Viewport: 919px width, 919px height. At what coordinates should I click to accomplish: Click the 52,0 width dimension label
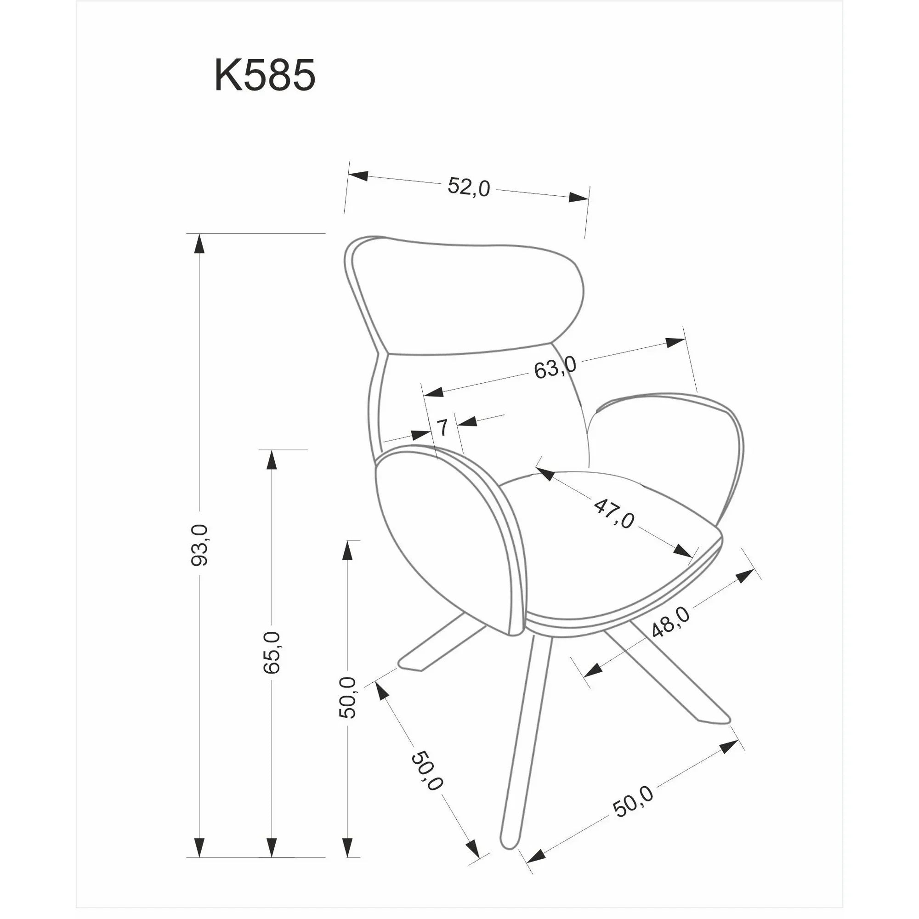coord(469,187)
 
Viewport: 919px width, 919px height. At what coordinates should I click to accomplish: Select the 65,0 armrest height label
coord(271,652)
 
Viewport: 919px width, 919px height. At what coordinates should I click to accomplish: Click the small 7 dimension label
coord(442,428)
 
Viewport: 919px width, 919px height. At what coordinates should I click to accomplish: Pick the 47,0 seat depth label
coord(613,513)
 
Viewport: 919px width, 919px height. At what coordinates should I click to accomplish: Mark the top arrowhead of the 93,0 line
coord(199,244)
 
